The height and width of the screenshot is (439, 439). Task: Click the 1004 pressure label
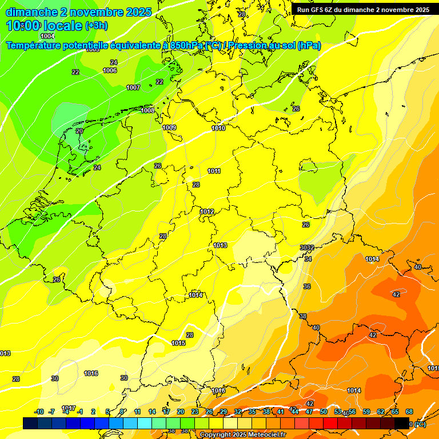coord(47,37)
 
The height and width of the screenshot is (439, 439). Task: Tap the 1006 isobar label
coord(110,71)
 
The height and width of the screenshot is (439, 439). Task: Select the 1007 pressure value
coord(133,87)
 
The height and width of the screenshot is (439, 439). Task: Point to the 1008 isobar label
coord(147,110)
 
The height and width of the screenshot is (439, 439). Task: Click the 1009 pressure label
coord(169,127)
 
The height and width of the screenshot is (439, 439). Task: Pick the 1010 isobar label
coord(218,129)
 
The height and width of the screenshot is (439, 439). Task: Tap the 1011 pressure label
coord(214,171)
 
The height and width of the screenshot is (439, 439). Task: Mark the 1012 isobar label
coord(207,212)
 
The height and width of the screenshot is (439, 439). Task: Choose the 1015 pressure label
coord(178,344)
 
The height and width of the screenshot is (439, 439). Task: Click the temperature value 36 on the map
coord(307,286)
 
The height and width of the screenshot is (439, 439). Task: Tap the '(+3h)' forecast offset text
coord(96,26)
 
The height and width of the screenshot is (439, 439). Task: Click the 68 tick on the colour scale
coord(409,412)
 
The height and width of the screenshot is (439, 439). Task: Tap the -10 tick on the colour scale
coord(39,412)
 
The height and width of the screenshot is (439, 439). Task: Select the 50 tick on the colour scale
coord(324,412)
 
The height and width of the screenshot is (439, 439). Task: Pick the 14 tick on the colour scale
coord(152,412)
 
